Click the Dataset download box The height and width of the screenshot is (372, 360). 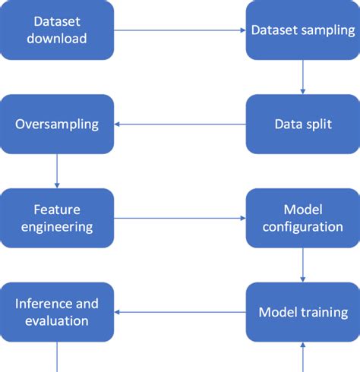58,30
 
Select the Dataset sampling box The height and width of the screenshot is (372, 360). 303,30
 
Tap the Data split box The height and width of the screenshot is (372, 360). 303,125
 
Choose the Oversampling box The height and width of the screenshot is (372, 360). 58,125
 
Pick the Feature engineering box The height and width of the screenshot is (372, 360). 58,217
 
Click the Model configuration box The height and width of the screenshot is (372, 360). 303,217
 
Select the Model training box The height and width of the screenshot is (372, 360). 303,312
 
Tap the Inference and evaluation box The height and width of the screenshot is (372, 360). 58,312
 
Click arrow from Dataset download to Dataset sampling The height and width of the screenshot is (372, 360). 180,30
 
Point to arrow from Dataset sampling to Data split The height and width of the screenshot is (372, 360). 303,77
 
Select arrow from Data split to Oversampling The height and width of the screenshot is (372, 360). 180,125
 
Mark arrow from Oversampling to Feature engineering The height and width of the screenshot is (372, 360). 58,171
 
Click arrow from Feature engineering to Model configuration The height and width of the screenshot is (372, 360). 180,218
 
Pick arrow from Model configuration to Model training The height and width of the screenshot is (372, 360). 303,265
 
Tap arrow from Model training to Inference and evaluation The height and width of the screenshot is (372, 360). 180,312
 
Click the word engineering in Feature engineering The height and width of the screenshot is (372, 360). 58,226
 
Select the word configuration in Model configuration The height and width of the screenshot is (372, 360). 303,226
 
